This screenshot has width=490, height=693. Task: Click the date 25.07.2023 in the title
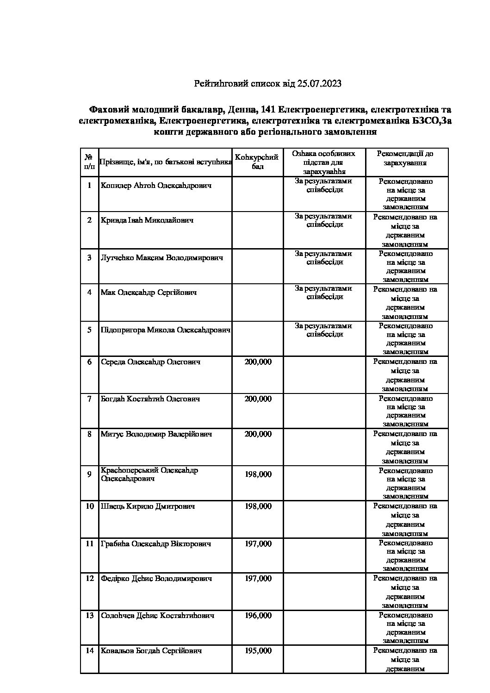(x=320, y=84)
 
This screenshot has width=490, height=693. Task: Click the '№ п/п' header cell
(x=89, y=162)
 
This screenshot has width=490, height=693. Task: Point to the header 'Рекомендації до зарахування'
(x=405, y=158)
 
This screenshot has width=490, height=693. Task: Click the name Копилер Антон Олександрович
(x=156, y=186)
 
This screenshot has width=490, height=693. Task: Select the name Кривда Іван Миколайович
(x=147, y=220)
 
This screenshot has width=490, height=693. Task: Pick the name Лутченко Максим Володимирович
(x=162, y=258)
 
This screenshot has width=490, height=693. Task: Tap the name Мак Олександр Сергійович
(x=149, y=293)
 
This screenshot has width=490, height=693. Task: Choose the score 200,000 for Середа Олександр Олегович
(x=258, y=362)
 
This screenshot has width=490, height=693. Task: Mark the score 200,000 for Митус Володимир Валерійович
(x=258, y=434)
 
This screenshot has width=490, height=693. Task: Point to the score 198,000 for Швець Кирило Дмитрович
(x=258, y=506)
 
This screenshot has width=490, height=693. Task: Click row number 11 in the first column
(x=89, y=544)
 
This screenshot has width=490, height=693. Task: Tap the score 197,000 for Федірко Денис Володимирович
(x=258, y=579)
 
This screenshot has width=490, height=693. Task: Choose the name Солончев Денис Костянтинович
(x=157, y=616)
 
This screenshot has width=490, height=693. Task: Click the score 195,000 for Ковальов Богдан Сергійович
(x=258, y=651)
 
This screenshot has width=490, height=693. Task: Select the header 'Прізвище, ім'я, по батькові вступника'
(x=166, y=162)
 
